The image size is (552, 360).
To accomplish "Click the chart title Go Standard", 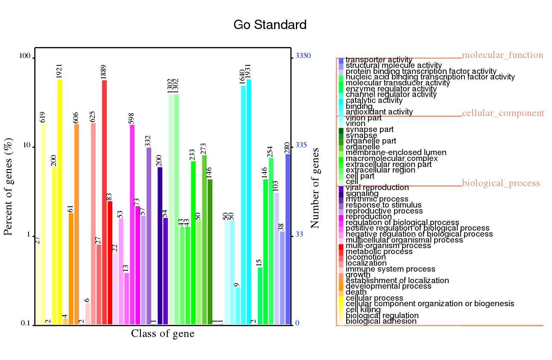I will click(x=270, y=25).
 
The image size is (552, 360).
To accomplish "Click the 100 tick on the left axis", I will click(x=26, y=57).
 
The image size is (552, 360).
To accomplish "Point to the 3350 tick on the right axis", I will click(x=303, y=56).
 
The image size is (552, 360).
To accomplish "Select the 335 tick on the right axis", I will click(x=301, y=145).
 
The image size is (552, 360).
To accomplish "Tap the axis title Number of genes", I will click(x=315, y=188).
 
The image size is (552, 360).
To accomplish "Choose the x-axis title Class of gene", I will click(x=163, y=334).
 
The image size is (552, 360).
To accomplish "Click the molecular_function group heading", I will click(x=502, y=55).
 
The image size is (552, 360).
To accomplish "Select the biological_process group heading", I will click(x=501, y=183).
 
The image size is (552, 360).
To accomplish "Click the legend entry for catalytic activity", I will click(x=374, y=100).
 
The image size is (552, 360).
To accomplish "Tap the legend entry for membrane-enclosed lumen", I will click(x=396, y=152).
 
